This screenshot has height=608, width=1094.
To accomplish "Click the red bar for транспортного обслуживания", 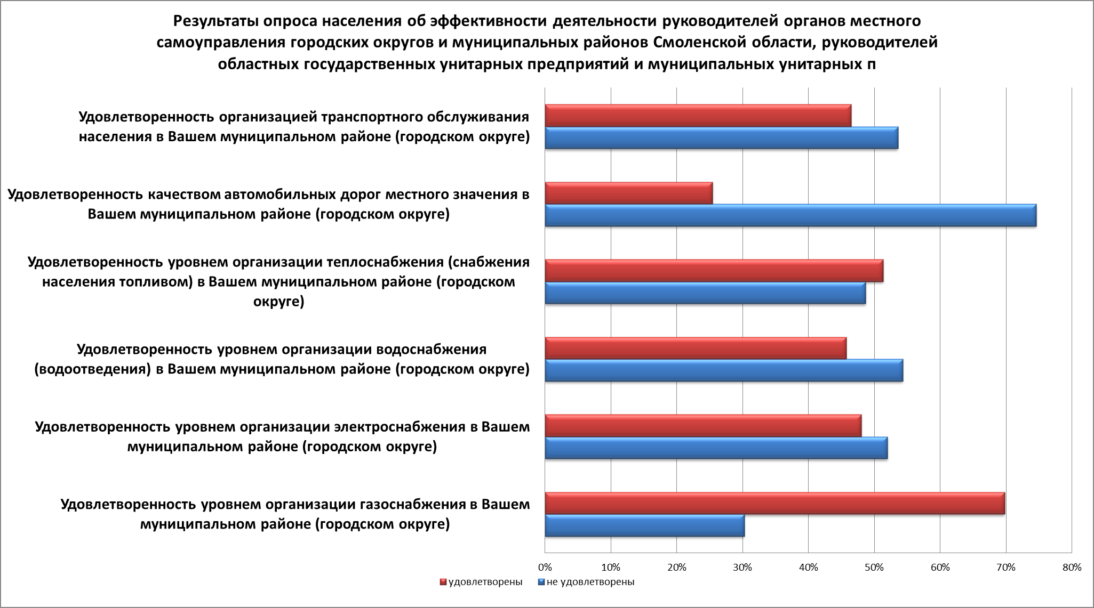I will coord(698,116).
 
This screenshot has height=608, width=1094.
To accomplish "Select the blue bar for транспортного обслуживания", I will coord(721,137).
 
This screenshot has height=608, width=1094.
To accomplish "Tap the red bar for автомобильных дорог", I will coord(628,193).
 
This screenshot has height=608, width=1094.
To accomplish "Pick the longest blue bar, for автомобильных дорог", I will coord(790,215).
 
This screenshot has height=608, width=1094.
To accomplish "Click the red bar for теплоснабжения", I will coord(714,271).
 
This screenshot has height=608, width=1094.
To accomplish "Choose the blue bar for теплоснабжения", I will coord(705,293).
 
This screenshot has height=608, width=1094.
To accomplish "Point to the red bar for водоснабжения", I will coord(696,348).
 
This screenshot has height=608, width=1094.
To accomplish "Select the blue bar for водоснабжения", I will coord(724,370).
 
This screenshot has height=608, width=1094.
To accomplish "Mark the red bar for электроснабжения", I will coord(703,426).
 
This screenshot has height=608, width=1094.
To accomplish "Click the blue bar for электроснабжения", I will coord(716,448).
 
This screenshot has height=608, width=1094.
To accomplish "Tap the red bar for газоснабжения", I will coord(774,504).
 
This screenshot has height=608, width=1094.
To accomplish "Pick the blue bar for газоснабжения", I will coord(644,525).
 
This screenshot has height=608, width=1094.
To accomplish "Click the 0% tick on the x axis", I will coord(545,568).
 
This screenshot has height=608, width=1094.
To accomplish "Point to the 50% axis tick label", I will coord(874,568).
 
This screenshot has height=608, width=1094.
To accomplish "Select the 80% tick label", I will coord(1072,568).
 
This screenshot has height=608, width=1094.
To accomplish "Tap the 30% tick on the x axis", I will coord(742,568).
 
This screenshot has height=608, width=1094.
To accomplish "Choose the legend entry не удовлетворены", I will coord(590,582).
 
